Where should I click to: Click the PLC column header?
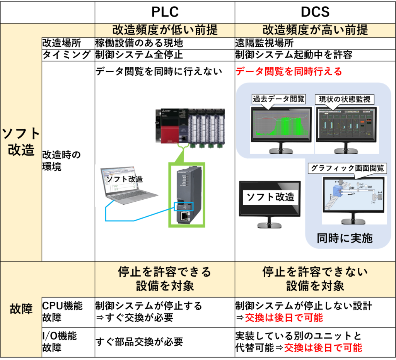165,12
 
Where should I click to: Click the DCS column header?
315,12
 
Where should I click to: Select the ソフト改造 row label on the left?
21,142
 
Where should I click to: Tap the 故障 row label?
21,309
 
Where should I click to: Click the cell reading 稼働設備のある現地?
139,43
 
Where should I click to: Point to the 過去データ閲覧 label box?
278,99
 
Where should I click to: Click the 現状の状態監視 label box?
345,99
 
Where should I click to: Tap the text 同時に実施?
345,238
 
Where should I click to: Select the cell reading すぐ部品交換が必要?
139,342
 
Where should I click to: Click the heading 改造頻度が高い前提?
315,30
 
